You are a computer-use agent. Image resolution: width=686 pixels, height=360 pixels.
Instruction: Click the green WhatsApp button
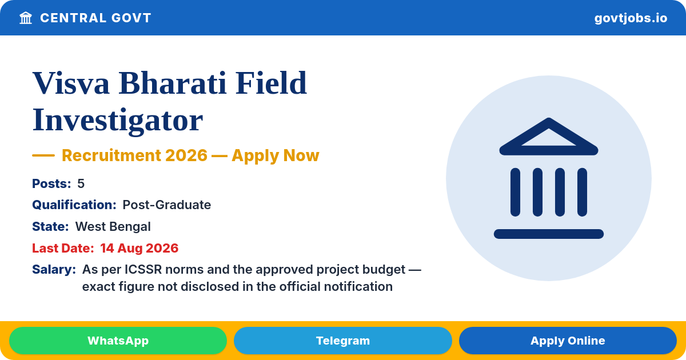pyautogui.click(x=118, y=341)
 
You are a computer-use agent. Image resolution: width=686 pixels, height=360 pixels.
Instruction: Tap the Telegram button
pyautogui.click(x=342, y=341)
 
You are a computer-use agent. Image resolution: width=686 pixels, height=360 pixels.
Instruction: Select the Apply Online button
pyautogui.click(x=568, y=341)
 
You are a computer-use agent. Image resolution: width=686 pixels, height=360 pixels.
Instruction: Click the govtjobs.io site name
pyautogui.click(x=631, y=18)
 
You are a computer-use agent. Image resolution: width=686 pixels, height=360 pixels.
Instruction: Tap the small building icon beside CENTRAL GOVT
pyautogui.click(x=26, y=18)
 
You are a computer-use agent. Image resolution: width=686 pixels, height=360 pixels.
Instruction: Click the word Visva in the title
pyautogui.click(x=71, y=83)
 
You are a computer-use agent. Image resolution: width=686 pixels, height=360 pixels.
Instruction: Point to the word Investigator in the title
pyautogui.click(x=118, y=120)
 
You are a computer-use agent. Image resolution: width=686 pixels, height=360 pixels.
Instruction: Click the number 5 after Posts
pyautogui.click(x=81, y=183)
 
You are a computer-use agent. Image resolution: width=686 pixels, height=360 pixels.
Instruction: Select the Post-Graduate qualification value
pyautogui.click(x=166, y=205)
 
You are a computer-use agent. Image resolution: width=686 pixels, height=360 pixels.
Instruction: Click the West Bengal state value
pyautogui.click(x=113, y=226)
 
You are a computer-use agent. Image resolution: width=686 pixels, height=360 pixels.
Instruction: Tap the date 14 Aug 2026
pyautogui.click(x=139, y=248)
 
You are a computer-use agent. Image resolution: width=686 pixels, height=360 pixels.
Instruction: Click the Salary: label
pyautogui.click(x=54, y=269)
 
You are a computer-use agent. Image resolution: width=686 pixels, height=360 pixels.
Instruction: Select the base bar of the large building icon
pyautogui.click(x=548, y=234)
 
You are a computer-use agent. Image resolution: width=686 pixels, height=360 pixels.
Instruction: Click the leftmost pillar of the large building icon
pyautogui.click(x=515, y=192)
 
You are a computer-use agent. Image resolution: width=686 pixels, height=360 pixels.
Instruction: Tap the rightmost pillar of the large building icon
pyautogui.click(x=582, y=192)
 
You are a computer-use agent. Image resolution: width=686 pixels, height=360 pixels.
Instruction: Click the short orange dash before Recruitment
pyautogui.click(x=43, y=155)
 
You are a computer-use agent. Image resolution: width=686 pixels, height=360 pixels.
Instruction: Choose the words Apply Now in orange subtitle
pyautogui.click(x=276, y=155)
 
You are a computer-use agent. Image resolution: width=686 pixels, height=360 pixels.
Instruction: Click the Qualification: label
pyautogui.click(x=74, y=205)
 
